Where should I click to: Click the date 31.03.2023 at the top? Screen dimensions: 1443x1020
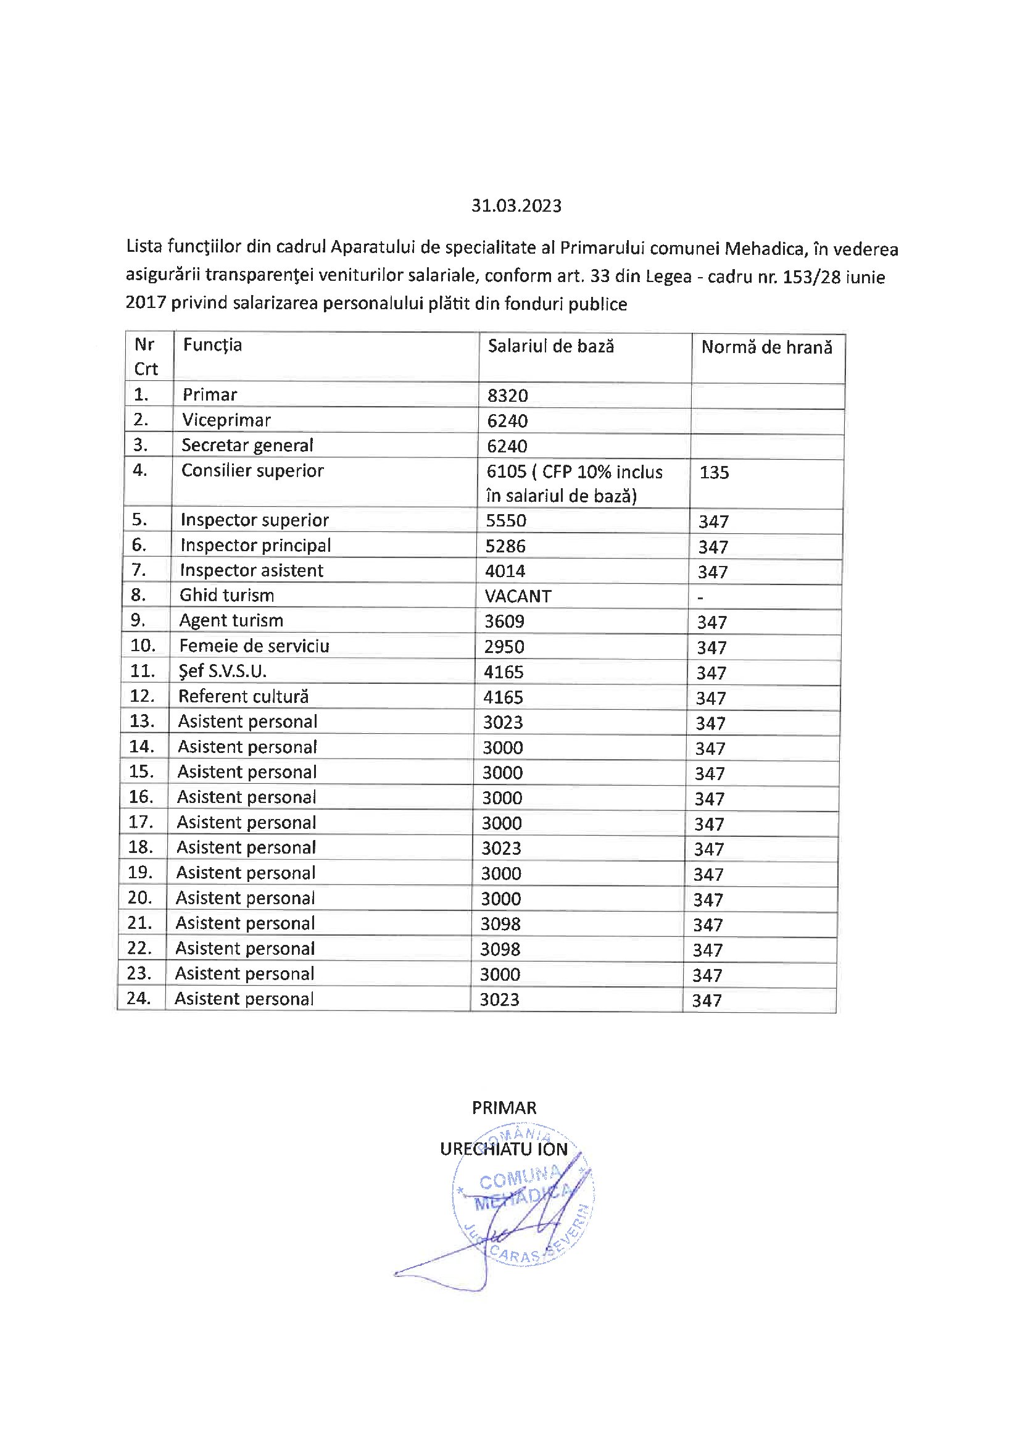[x=516, y=206]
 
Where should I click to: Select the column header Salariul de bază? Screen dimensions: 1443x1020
[x=550, y=346]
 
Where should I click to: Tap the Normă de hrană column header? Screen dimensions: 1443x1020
[x=766, y=347]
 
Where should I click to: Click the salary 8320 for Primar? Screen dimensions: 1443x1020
[x=507, y=396]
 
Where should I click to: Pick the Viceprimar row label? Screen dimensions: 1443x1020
[x=226, y=420]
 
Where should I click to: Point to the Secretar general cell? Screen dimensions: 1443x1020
[x=247, y=446]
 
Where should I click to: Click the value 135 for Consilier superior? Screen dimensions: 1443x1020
[x=714, y=473]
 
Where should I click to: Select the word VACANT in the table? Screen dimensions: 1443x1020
[x=518, y=596]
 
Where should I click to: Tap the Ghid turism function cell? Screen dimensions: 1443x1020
[x=226, y=595]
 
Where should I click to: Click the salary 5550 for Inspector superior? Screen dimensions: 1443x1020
[x=506, y=520]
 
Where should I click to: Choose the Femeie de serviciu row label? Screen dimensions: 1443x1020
[x=254, y=646]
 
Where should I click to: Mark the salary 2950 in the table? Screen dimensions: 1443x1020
[x=504, y=647]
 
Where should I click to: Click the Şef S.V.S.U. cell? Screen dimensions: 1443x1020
[x=223, y=672]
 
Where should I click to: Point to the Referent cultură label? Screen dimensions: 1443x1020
[x=243, y=696]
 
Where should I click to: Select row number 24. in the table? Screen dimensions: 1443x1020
[x=138, y=998]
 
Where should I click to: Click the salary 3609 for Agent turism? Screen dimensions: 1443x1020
[x=504, y=622]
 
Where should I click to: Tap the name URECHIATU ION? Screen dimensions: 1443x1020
[x=504, y=1149]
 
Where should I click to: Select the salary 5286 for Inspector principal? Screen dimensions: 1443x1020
[x=505, y=546]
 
